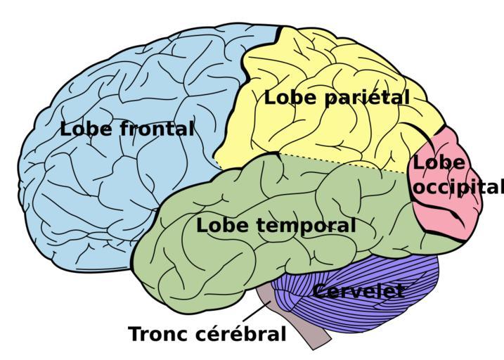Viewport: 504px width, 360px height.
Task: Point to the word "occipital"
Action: point(459,187)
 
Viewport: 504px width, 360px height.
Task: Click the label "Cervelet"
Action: point(358,290)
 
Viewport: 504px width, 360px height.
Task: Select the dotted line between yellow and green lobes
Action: point(344,163)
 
